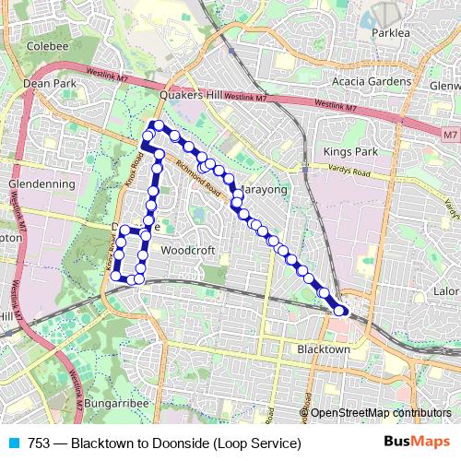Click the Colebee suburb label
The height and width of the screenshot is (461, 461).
click(41, 44)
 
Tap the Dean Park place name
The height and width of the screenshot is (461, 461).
click(49, 83)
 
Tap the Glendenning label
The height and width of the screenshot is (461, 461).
click(41, 183)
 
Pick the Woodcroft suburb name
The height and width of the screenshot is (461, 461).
click(187, 249)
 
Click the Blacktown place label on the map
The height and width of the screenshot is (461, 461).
click(324, 349)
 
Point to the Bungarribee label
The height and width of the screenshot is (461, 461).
click(126, 403)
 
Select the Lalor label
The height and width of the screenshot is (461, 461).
click(445, 291)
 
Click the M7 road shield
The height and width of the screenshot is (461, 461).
click(449, 136)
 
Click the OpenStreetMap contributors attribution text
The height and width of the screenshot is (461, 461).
click(381, 413)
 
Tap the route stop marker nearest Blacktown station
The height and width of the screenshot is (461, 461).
click(340, 311)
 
